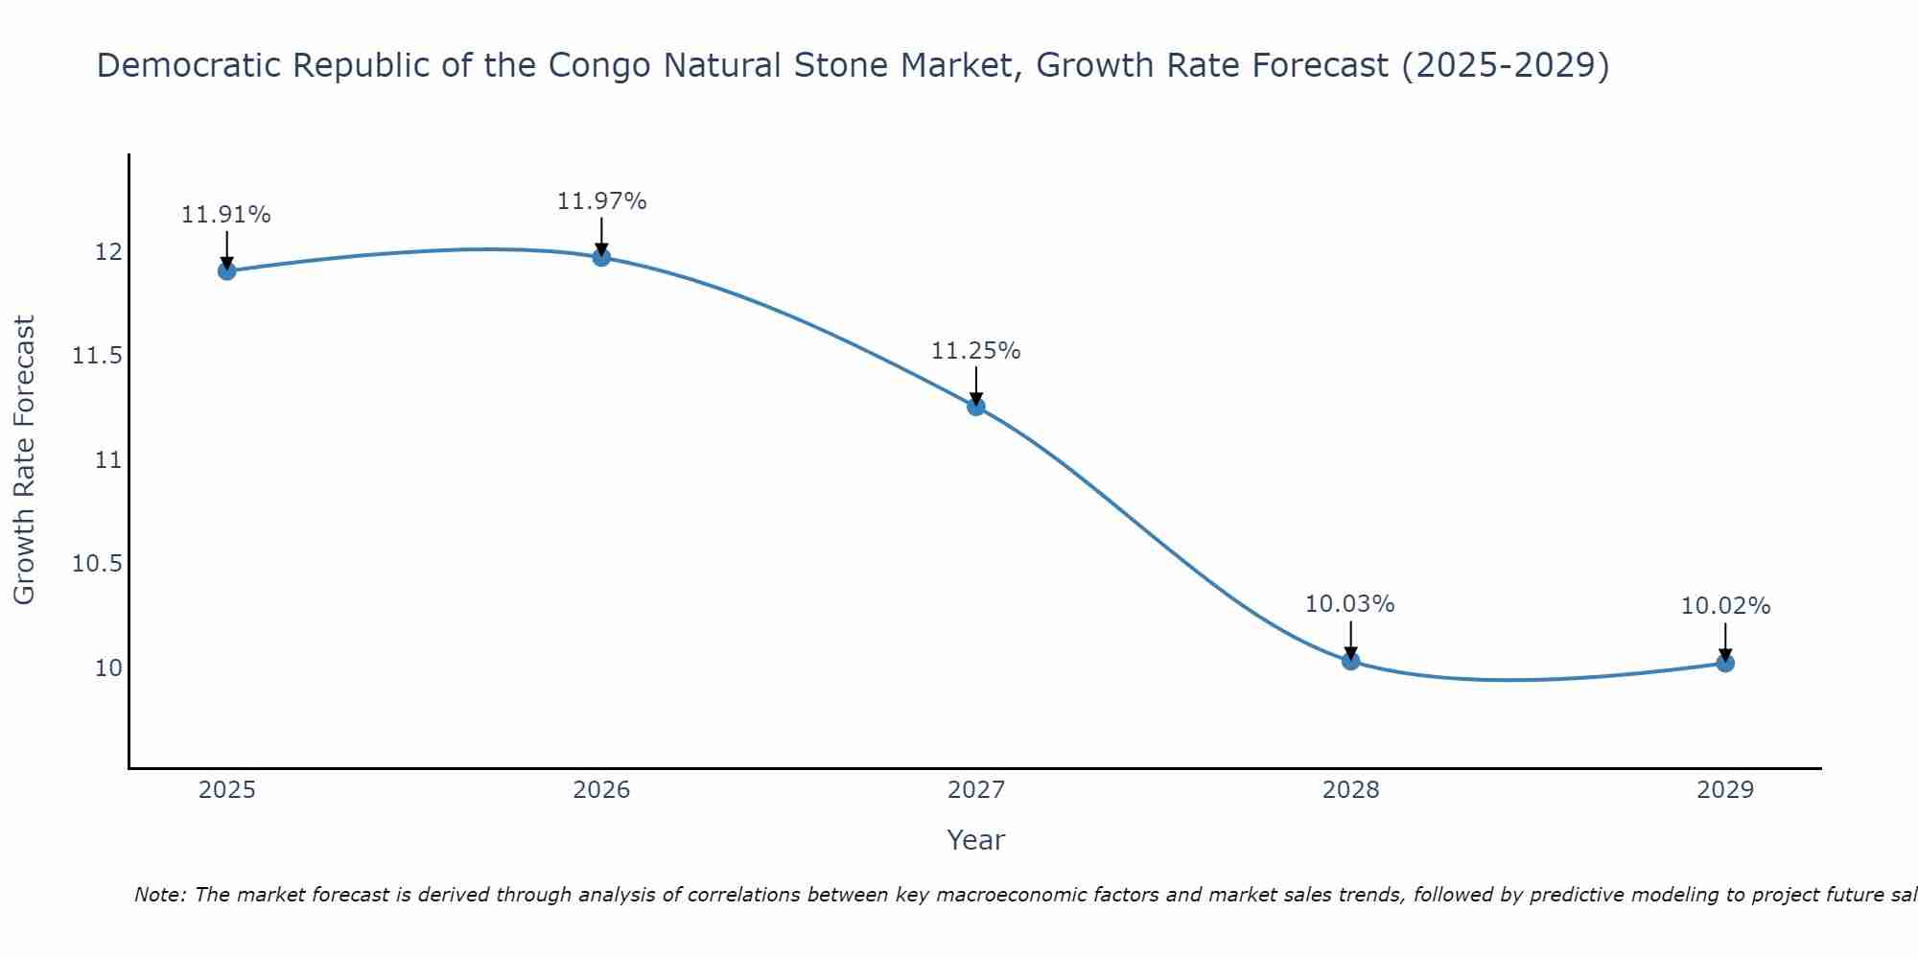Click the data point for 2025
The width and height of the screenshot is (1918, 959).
227,271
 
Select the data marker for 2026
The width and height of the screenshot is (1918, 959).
601,257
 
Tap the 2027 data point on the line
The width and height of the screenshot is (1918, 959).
976,407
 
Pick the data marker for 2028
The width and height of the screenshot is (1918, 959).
1351,661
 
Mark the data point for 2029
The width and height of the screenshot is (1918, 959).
1725,663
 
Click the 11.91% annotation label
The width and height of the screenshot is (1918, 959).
226,215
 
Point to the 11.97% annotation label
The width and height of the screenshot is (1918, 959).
601,201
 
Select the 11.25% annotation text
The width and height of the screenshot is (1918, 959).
976,351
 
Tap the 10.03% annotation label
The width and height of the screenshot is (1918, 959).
1349,604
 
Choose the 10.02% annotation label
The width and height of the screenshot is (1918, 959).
1725,606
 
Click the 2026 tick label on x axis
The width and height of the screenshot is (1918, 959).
601,790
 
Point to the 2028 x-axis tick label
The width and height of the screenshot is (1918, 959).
1350,790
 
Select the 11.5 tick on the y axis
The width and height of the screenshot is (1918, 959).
98,357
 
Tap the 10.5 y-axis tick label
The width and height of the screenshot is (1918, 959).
98,564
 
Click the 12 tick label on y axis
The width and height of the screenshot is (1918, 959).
108,252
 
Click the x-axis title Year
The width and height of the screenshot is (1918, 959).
975,840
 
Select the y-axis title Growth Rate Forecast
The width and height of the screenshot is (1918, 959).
24,459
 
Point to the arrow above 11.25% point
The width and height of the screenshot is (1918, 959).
976,386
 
